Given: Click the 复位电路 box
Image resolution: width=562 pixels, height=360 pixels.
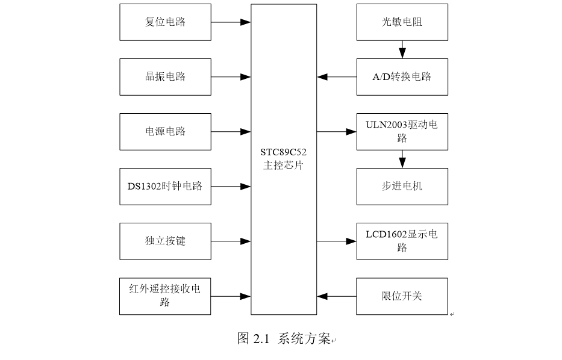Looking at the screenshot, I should pyautogui.click(x=165, y=22).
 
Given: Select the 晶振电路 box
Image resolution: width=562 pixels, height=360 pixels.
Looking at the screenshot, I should pyautogui.click(x=165, y=77).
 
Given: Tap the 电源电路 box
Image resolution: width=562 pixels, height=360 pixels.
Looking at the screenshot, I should pyautogui.click(x=165, y=132).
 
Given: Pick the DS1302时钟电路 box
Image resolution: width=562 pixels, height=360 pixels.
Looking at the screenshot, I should pyautogui.click(x=165, y=187).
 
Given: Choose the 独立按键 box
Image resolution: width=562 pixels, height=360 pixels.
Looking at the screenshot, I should pyautogui.click(x=165, y=241).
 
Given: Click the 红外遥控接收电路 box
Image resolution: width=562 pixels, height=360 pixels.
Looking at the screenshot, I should pyautogui.click(x=165, y=296).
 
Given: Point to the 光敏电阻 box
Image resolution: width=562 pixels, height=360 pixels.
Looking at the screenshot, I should pyautogui.click(x=402, y=22).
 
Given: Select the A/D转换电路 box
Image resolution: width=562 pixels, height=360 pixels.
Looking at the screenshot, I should pyautogui.click(x=402, y=77).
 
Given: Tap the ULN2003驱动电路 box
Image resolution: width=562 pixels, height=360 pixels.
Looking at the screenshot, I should pyautogui.click(x=402, y=132).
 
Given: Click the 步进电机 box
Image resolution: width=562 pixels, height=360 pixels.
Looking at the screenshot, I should pyautogui.click(x=402, y=187).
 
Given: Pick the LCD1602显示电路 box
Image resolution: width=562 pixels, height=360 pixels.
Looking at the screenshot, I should pyautogui.click(x=402, y=241).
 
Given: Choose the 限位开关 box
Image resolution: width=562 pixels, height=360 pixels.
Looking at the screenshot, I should pyautogui.click(x=402, y=296).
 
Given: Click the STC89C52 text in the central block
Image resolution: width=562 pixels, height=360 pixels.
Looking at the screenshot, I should pyautogui.click(x=284, y=153).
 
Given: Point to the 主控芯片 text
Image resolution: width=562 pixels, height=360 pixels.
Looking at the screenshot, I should pyautogui.click(x=284, y=166).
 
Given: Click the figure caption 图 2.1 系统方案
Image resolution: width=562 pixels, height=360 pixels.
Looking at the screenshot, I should pyautogui.click(x=284, y=339).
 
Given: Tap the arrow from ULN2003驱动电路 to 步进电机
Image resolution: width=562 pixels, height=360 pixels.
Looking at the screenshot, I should pyautogui.click(x=402, y=159).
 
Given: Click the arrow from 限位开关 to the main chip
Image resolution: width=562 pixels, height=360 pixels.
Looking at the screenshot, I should pyautogui.click(x=337, y=296).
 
